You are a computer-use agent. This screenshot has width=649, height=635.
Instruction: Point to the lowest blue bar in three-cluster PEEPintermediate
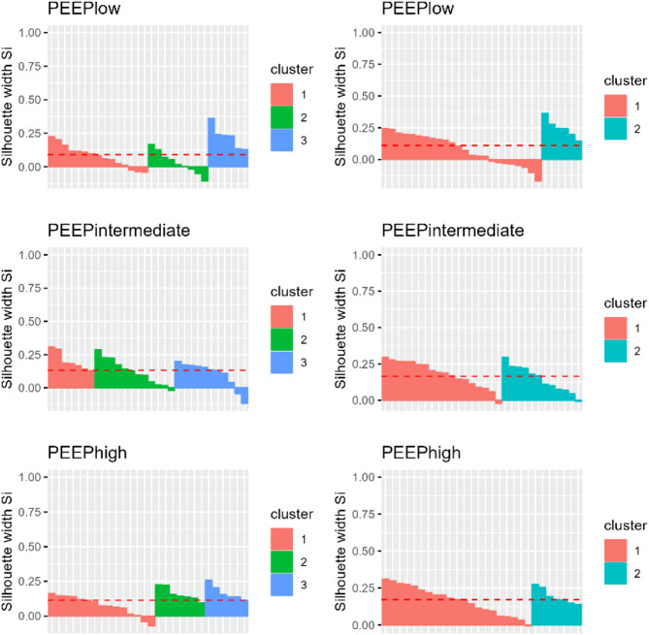tap(244, 395)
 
